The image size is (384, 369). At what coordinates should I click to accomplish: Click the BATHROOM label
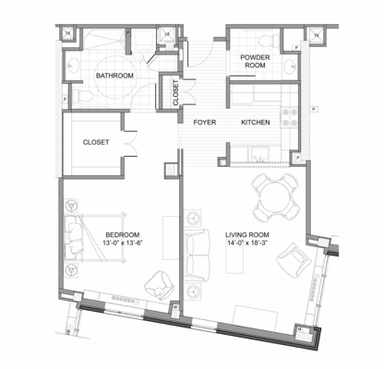pos(115,75)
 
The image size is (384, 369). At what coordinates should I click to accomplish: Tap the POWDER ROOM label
pos(256,62)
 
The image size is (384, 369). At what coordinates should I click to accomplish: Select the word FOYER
pos(204,122)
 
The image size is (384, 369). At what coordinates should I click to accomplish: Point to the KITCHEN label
pos(256,122)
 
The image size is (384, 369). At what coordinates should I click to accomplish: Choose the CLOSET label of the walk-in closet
pos(97,143)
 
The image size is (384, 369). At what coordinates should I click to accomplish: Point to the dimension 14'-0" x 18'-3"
pos(246,246)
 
